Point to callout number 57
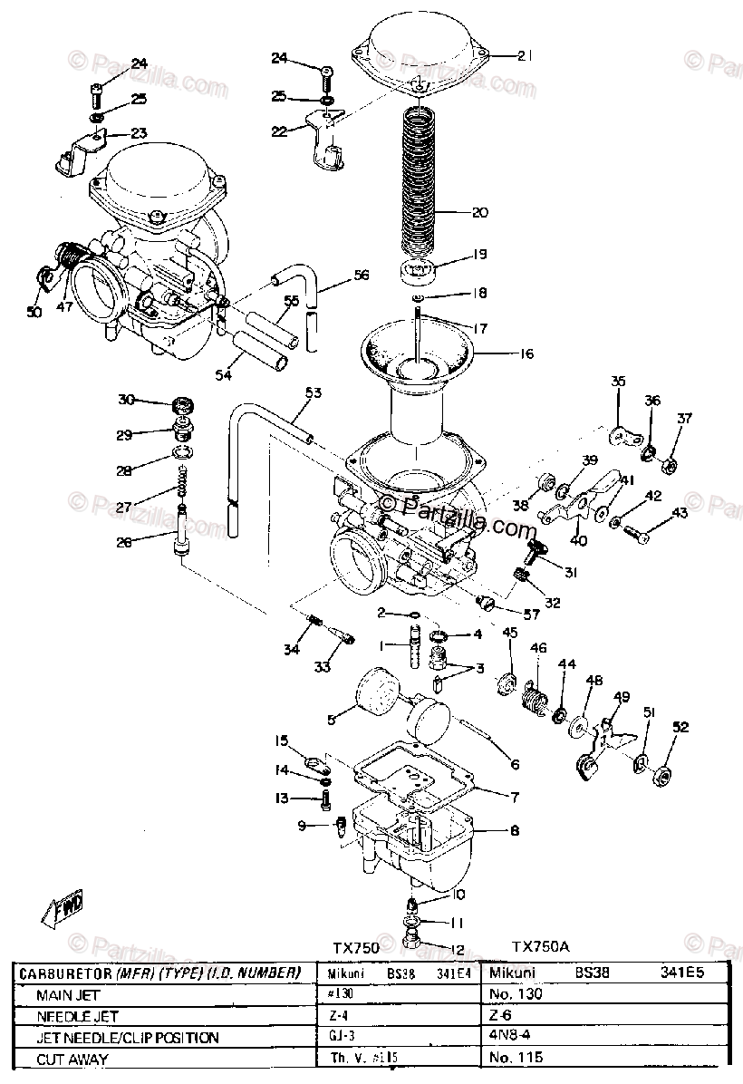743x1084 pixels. pyautogui.click(x=530, y=614)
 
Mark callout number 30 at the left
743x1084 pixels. pyautogui.click(x=126, y=400)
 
